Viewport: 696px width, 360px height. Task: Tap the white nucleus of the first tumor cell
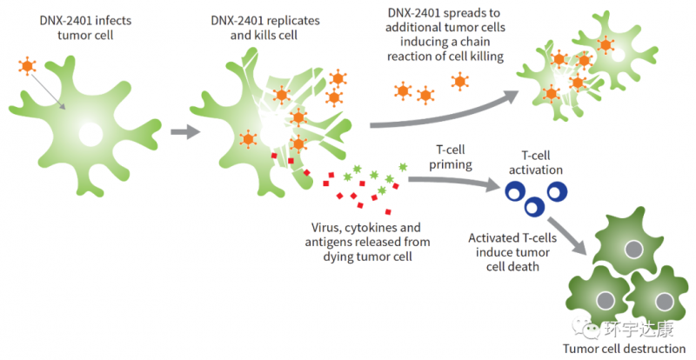point(90,133)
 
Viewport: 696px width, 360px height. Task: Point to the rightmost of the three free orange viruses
point(459,82)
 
